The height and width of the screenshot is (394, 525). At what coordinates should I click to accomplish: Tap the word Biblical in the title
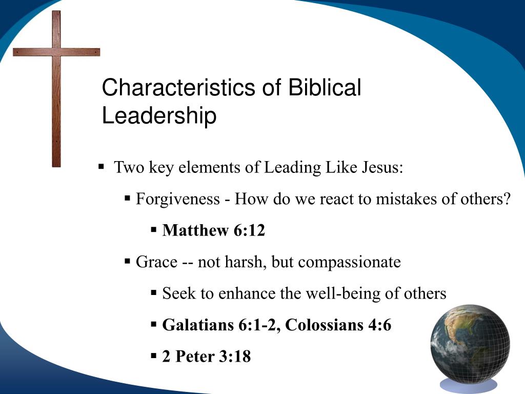(x=325, y=88)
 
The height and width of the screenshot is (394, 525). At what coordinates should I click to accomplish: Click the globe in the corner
(x=470, y=343)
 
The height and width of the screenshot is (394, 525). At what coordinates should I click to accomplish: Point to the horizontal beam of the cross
(x=56, y=52)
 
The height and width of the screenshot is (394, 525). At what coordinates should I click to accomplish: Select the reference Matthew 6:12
(x=214, y=231)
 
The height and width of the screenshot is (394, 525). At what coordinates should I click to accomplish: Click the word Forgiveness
(x=177, y=199)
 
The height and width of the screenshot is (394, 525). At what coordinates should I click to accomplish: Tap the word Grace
(x=156, y=262)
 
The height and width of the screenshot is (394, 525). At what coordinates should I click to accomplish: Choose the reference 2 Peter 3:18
(x=207, y=357)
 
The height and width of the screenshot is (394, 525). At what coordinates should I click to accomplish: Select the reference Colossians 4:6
(x=338, y=325)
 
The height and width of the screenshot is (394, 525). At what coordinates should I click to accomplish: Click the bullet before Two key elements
(x=102, y=167)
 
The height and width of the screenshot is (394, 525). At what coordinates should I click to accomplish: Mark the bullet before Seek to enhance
(x=153, y=293)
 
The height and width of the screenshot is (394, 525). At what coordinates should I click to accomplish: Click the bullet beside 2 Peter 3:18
(x=153, y=356)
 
